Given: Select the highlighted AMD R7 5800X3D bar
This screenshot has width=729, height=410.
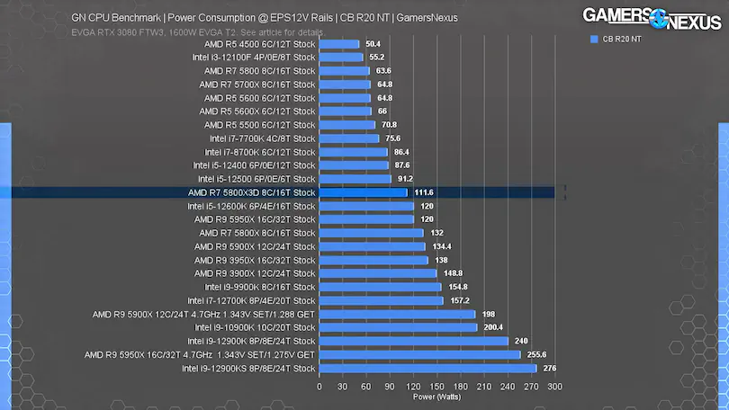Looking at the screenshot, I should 363,192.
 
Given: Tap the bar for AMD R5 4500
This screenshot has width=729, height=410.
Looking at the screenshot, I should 338,44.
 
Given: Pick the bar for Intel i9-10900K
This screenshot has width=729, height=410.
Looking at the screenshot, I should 398,327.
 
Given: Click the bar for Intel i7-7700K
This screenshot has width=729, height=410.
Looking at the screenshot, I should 349,138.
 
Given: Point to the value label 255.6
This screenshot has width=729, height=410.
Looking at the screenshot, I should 535,354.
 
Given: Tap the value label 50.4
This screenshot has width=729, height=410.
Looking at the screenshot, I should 373,44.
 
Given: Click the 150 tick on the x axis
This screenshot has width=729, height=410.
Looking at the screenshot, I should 436,386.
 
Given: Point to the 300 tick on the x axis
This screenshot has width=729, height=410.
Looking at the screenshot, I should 554,386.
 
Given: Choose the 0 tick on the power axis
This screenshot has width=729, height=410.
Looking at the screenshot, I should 319,386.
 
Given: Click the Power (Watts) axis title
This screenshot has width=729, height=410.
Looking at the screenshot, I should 436,396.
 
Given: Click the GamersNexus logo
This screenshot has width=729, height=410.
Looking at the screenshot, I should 652,17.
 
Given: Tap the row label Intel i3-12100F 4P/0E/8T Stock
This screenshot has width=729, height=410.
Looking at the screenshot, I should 254,58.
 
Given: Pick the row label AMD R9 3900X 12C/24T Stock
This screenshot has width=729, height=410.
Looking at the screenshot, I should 255,273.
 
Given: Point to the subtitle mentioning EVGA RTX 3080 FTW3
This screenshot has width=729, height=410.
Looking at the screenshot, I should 196,32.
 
